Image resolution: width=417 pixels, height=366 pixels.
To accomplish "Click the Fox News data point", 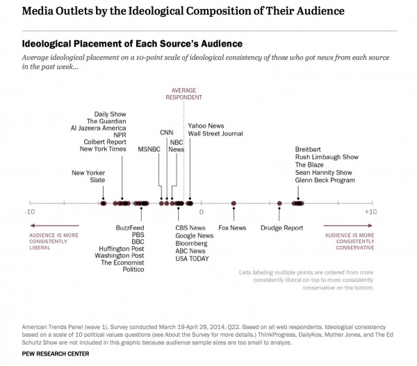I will pos(234,203).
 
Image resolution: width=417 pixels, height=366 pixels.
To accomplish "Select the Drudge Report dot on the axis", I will pos(279,203).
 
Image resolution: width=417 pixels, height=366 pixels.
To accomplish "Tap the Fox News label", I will pos(232,227).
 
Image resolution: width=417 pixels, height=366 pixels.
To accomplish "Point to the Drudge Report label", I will pos(281,227).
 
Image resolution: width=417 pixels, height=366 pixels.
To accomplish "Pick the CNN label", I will pos(167,132).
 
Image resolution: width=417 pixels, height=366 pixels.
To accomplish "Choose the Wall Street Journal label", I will pos(218,133).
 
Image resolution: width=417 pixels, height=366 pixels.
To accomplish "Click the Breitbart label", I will pos(309,149).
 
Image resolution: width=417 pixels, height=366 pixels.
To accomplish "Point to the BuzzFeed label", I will pos(130,227).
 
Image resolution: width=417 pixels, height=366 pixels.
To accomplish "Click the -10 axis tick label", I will pos(28,211).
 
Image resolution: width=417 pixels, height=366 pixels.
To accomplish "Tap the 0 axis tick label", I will pos(202,211).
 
